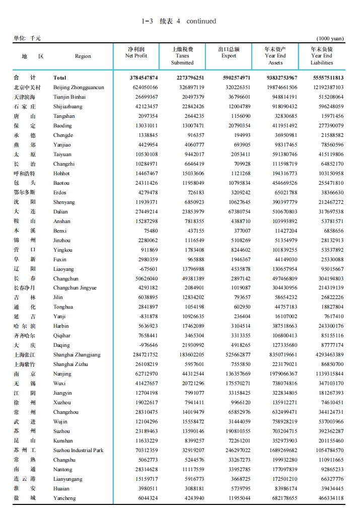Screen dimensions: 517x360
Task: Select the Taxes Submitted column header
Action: (x=182, y=56)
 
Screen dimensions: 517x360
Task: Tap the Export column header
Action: (x=229, y=53)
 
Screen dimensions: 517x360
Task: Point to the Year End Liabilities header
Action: (x=321, y=56)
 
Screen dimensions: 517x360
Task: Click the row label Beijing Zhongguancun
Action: (x=79, y=88)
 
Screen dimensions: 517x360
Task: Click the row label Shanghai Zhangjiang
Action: (x=77, y=355)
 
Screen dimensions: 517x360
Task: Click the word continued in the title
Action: (x=201, y=21)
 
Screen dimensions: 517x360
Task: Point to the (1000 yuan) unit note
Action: (x=330, y=38)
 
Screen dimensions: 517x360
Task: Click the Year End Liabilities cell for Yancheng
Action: (x=327, y=498)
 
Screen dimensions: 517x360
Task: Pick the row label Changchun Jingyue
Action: (x=75, y=288)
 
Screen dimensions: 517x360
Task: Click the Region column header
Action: (x=83, y=56)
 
